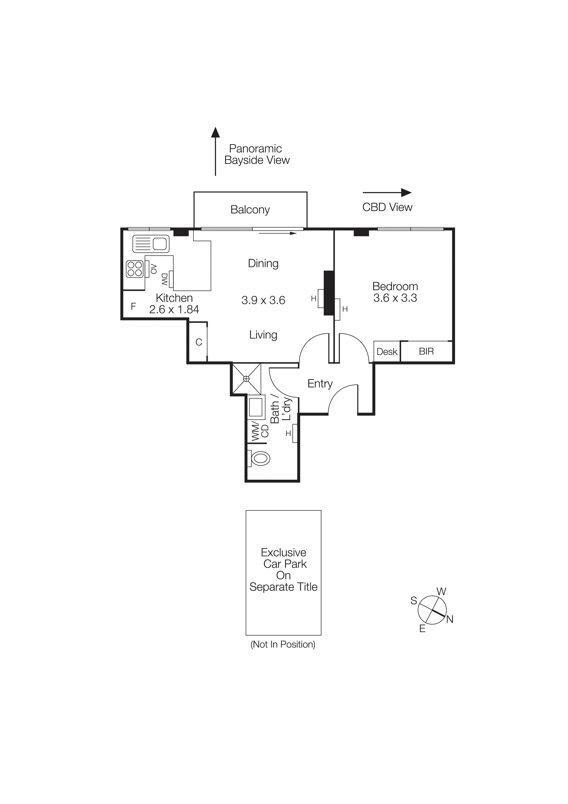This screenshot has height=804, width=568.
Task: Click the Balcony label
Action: click(x=250, y=209)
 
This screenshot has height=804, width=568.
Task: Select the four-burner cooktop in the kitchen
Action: click(x=135, y=269)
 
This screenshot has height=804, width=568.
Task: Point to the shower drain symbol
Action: click(x=246, y=379)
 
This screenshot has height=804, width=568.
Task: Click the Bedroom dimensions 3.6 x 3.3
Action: click(x=395, y=298)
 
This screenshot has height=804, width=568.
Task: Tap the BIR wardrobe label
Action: click(x=426, y=351)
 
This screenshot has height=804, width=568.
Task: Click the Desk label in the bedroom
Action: click(x=387, y=352)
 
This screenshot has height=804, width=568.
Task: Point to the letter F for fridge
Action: click(x=133, y=306)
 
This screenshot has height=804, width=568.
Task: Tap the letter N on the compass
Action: click(x=450, y=619)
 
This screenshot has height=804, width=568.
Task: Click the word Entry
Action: click(x=320, y=383)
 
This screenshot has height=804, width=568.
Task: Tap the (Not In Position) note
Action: click(x=283, y=644)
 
